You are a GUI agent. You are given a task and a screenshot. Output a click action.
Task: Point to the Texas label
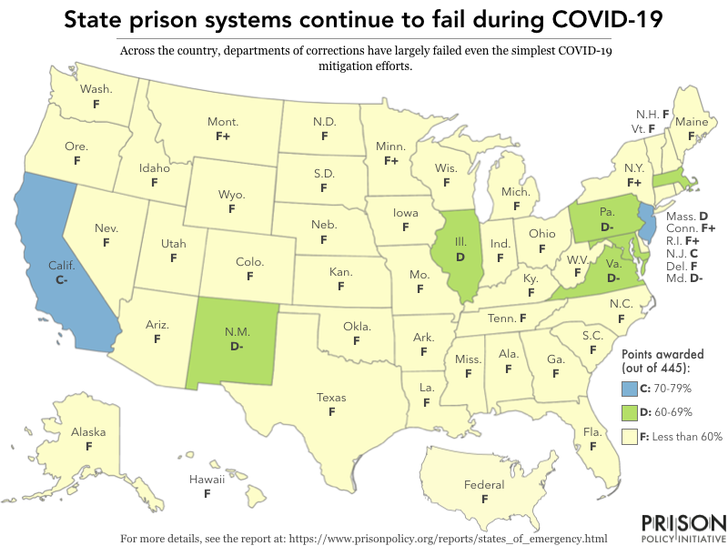tap(331, 398)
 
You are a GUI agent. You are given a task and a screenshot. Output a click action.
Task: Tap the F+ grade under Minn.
tap(391, 160)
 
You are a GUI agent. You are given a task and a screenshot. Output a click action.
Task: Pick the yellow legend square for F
tap(628, 437)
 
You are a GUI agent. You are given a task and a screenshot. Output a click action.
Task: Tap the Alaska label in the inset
tap(88, 433)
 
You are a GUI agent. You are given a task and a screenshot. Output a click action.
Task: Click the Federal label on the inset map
tap(484, 485)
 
